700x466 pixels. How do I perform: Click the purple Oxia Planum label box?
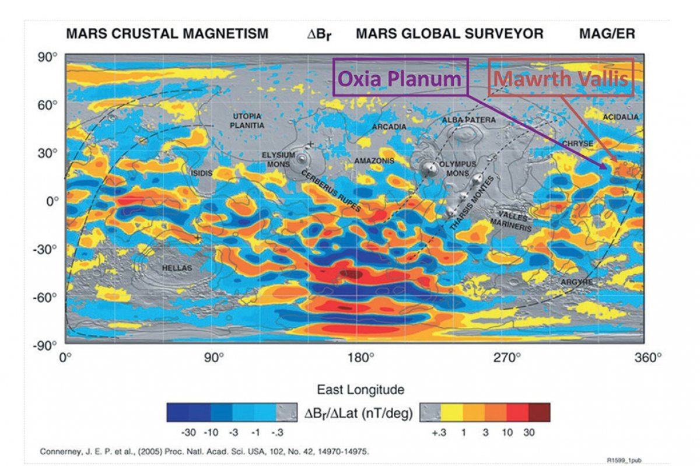[x=401, y=77]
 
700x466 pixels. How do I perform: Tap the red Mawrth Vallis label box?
[x=561, y=77]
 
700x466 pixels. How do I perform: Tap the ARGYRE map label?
[x=577, y=282]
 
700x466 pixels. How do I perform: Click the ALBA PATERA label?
[x=468, y=120]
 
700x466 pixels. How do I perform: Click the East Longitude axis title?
[x=360, y=389]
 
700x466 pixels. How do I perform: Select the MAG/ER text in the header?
[x=607, y=34]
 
